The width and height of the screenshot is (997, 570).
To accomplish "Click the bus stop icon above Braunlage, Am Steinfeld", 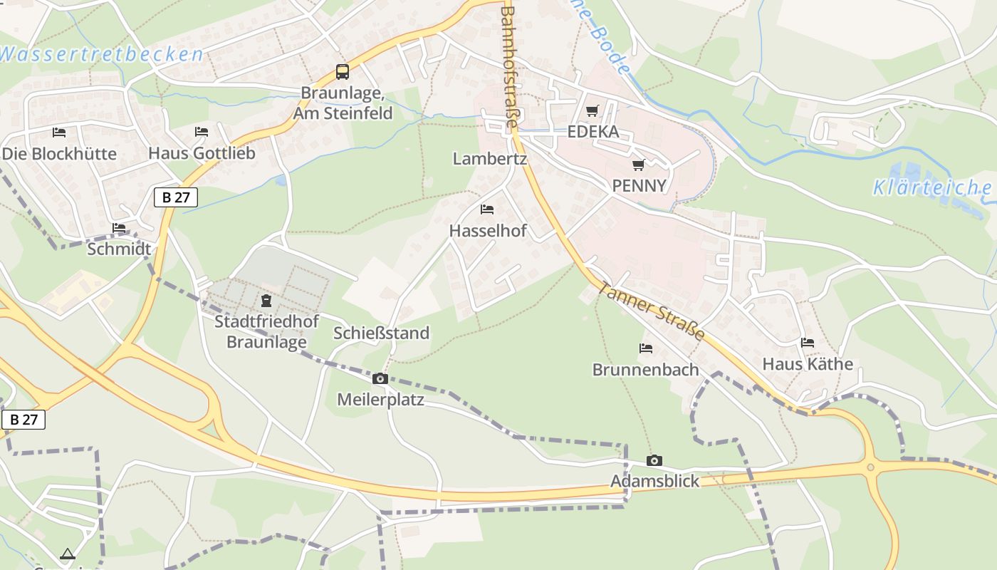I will click(343, 71).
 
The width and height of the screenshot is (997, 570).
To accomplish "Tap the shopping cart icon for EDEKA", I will click(592, 110).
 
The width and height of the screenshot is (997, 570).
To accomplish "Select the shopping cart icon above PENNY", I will click(639, 165).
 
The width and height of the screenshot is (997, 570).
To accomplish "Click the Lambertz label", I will click(489, 158).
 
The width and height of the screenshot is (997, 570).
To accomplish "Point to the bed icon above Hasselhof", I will click(487, 209).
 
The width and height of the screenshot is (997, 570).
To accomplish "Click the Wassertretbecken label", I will click(102, 54).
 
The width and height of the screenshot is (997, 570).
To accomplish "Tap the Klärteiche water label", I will click(931, 188).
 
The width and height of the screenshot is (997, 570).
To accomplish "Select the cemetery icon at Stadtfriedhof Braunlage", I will click(266, 300).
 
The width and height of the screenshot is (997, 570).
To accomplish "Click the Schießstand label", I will click(382, 333).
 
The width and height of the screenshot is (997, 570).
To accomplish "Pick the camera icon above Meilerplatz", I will click(380, 378).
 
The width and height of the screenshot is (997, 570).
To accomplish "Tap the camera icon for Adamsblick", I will click(654, 460).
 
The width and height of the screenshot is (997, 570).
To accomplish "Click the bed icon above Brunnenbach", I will click(646, 348).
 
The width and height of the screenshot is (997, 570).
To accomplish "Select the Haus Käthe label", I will click(808, 363).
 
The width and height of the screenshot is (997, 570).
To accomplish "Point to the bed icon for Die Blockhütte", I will click(59, 132).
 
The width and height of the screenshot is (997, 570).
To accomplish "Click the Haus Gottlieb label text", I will click(202, 152).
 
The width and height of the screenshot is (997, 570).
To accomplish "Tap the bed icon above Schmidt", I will click(119, 228).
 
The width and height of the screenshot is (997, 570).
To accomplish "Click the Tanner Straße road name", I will click(651, 311).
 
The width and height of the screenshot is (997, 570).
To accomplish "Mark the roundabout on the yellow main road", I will click(870, 467).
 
